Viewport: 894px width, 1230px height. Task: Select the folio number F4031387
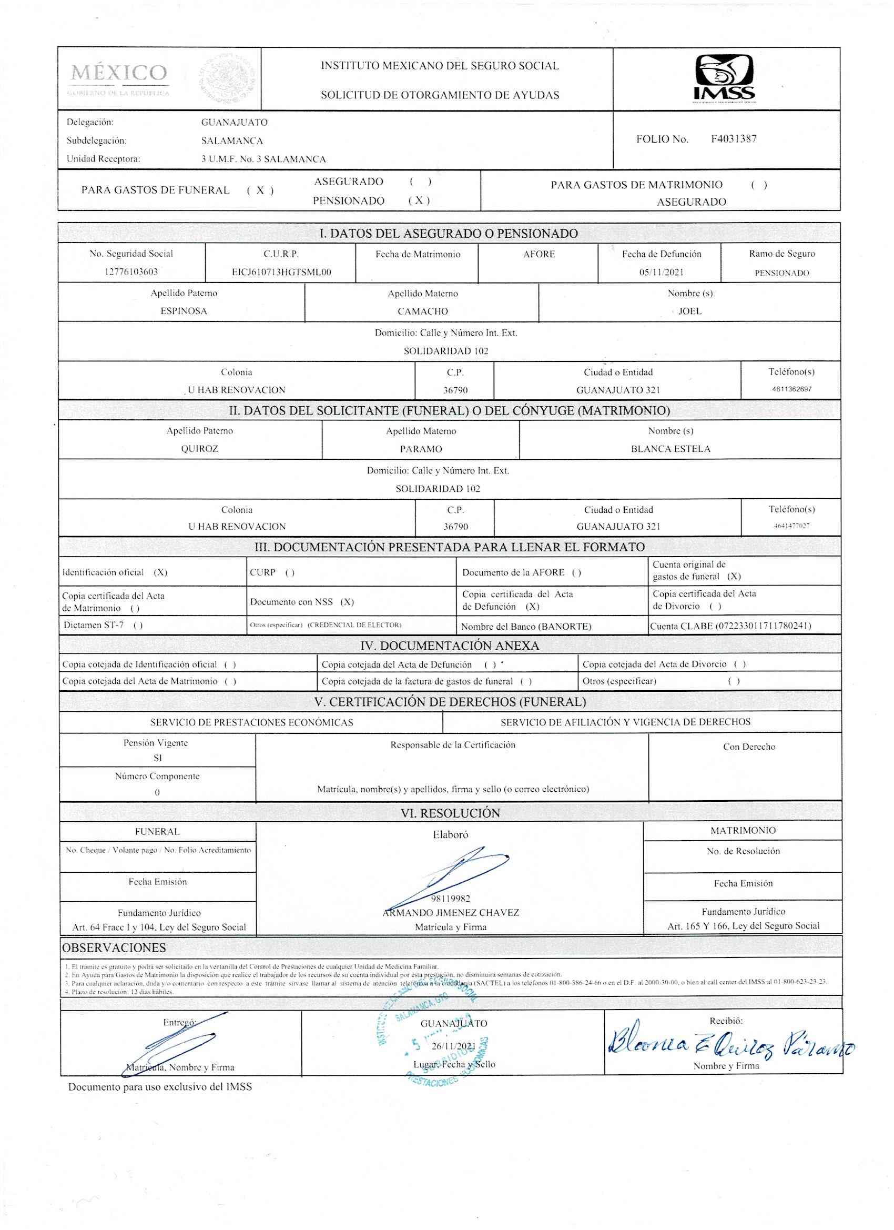[x=734, y=139]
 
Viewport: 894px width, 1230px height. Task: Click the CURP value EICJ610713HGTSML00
[x=281, y=272]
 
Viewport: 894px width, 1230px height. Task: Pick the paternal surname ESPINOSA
[x=184, y=311]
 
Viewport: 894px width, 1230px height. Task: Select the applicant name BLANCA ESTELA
[x=670, y=449]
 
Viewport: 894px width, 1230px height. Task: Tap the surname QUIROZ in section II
[x=199, y=449]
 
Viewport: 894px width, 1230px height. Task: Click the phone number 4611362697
[x=791, y=389]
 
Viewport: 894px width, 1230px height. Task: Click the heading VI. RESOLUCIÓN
[x=451, y=813]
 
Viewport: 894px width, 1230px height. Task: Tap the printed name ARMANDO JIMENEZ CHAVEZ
[x=451, y=913]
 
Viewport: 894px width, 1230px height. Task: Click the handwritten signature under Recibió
[x=729, y=1042]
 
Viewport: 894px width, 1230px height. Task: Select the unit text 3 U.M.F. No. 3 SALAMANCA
[x=263, y=159]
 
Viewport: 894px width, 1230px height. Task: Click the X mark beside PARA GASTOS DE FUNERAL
[x=260, y=190]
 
